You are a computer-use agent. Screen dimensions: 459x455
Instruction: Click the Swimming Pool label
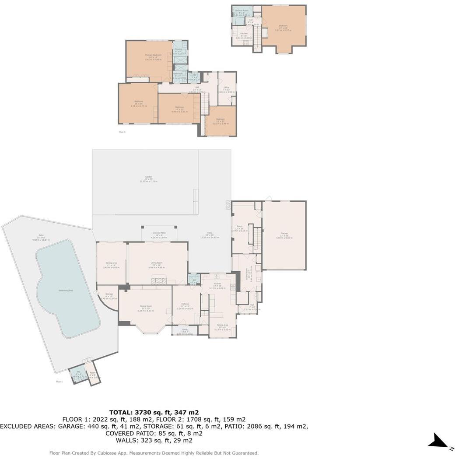65,290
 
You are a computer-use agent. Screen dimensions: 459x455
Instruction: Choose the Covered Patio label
159,233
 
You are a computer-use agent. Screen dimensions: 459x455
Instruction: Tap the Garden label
149,177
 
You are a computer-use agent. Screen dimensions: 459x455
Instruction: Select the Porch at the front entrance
184,331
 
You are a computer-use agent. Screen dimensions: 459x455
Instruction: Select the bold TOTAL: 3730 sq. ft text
154,412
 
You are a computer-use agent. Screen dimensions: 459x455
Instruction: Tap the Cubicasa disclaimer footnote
154,453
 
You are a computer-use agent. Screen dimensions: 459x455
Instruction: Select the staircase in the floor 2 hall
204,103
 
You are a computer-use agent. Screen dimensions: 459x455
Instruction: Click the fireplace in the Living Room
159,280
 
